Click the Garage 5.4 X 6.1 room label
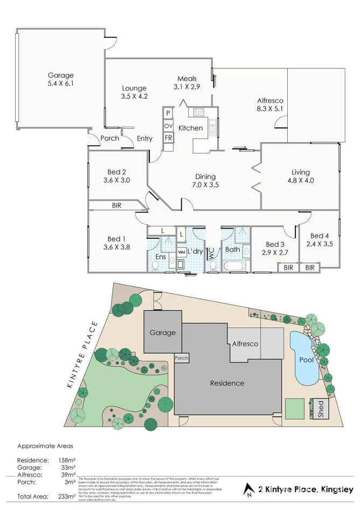60,79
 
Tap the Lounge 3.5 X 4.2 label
134,92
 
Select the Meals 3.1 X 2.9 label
187,82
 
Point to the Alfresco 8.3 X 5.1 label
270,104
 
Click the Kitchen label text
190,128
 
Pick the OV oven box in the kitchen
168,126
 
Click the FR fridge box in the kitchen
168,138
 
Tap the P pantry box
168,113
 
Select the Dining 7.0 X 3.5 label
205,181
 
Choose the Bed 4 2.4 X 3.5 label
320,239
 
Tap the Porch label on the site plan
182,358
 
